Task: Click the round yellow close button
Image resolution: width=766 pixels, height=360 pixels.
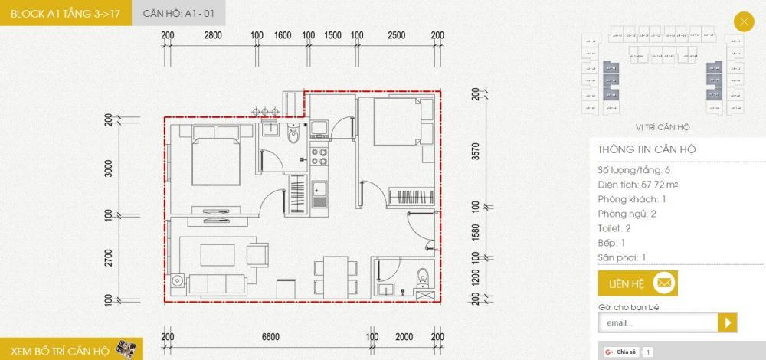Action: pyautogui.click(x=743, y=21)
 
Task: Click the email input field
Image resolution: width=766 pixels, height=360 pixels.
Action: pyautogui.click(x=656, y=323)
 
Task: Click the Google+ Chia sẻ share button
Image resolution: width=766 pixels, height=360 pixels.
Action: pyautogui.click(x=621, y=352)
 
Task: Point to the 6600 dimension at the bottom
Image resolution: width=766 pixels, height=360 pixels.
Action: pyautogui.click(x=270, y=337)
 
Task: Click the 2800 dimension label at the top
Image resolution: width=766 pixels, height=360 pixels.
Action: pyautogui.click(x=213, y=35)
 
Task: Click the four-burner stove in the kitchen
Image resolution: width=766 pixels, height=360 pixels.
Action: pyautogui.click(x=319, y=157)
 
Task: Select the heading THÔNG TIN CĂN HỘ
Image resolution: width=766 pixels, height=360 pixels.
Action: pyautogui.click(x=647, y=150)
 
